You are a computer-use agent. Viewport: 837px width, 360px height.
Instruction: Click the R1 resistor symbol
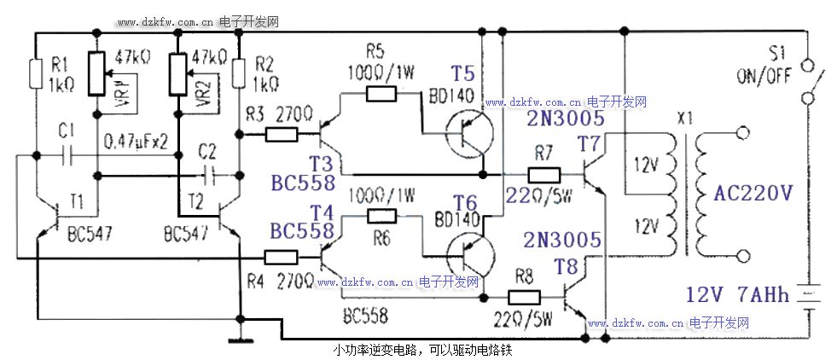pyautogui.click(x=36, y=73)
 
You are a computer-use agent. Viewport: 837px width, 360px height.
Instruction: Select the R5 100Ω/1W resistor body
pyautogui.click(x=381, y=94)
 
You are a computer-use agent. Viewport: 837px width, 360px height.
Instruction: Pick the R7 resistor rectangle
pyautogui.click(x=543, y=176)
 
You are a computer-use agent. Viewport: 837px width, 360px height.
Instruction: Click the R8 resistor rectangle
pyautogui.click(x=524, y=298)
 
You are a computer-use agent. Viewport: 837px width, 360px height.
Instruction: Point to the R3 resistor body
pyautogui.click(x=282, y=134)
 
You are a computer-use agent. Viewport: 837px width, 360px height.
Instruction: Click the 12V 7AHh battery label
pyautogui.click(x=737, y=296)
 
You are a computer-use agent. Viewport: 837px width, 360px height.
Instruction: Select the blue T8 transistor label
pyautogui.click(x=567, y=267)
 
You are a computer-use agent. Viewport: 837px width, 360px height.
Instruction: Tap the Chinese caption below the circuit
pyautogui.click(x=422, y=350)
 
